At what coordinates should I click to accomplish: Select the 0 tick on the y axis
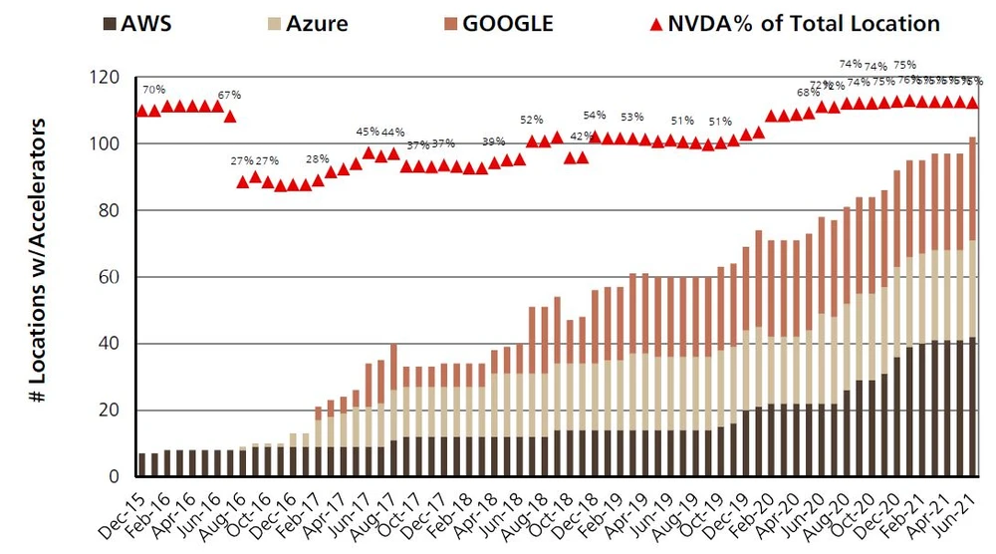tap(115, 476)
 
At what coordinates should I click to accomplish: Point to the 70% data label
tap(154, 90)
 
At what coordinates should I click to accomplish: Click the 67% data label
tap(230, 96)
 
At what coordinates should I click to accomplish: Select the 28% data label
tap(318, 159)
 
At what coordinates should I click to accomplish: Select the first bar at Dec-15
tap(142, 464)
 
